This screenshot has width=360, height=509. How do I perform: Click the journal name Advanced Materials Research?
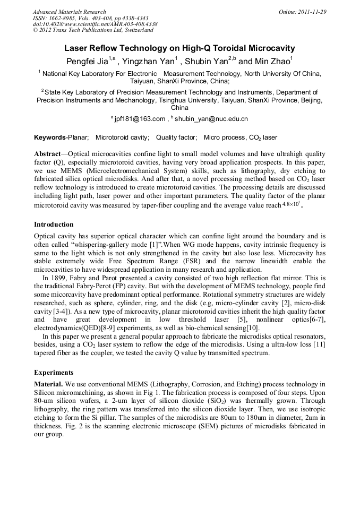tap(69, 12)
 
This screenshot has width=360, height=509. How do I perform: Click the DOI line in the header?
tap(95, 24)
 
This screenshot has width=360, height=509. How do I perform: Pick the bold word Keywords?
tap(49, 137)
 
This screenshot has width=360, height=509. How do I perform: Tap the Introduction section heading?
tap(54, 225)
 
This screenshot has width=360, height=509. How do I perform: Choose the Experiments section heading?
tap(54, 373)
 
